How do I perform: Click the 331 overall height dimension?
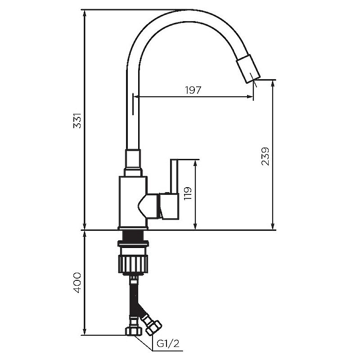(x=77, y=121)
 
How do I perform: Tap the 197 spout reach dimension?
(x=193, y=90)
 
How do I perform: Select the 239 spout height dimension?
(x=265, y=156)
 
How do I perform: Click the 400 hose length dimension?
(x=77, y=283)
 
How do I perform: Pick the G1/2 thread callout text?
(x=168, y=344)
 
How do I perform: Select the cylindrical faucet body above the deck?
(x=132, y=200)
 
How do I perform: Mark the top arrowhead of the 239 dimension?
(x=273, y=84)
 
